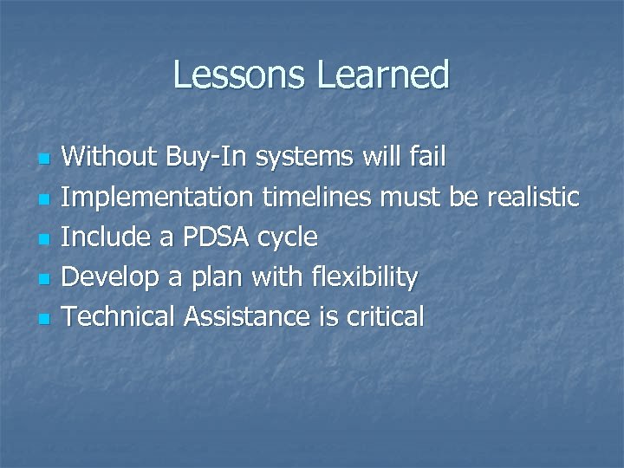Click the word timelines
[317, 197]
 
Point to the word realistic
[532, 197]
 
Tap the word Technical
[120, 316]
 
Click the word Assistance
[246, 316]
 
